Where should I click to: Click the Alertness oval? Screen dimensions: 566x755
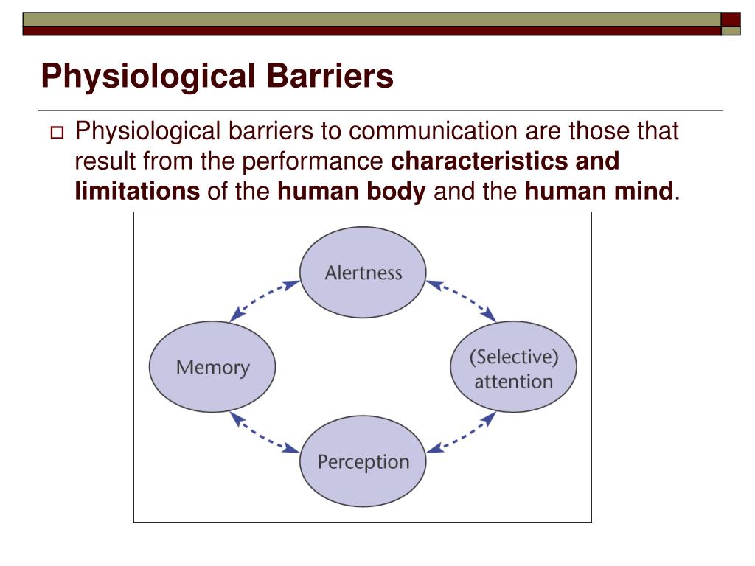point(363,272)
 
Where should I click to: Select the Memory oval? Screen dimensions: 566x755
point(212,366)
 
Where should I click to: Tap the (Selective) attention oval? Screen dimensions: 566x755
point(513,368)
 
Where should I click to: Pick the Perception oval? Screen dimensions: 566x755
point(363,461)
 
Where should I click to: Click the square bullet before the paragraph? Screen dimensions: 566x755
point(57,134)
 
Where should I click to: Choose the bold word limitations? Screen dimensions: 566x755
point(137,192)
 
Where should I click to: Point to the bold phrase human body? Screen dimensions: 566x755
point(352,192)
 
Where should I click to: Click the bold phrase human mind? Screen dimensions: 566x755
point(599,192)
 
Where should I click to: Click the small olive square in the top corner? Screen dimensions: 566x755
point(731,31)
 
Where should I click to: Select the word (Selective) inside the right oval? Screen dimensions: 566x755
point(513,357)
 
